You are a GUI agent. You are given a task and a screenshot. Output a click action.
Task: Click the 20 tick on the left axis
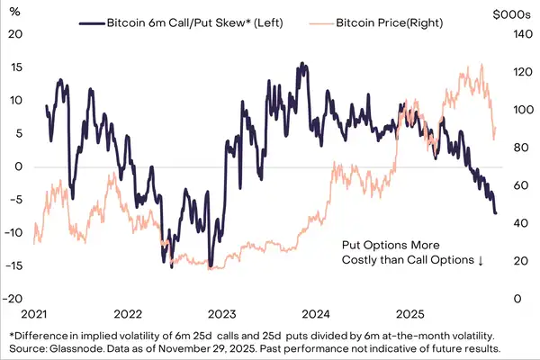13,34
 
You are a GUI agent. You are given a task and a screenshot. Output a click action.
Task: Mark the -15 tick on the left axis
12,265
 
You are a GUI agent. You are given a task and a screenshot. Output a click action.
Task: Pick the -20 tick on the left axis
12,299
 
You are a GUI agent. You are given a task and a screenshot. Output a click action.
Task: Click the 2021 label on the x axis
33,315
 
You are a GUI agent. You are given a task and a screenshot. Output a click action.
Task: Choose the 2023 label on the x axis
222,315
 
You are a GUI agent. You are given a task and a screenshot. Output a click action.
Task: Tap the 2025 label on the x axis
411,315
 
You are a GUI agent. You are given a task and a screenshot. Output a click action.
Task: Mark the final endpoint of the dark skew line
495,212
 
